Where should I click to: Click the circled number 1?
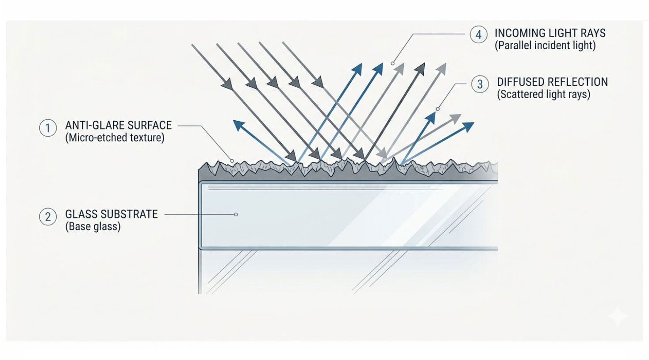[48, 128]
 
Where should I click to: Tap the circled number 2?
[48, 217]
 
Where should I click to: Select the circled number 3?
[480, 84]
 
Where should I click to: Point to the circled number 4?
[478, 34]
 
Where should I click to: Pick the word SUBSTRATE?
[130, 214]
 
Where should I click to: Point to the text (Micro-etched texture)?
[115, 138]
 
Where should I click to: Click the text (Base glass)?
[93, 226]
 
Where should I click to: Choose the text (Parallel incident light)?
[545, 45]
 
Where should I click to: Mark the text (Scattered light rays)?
[543, 94]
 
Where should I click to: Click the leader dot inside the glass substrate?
[236, 214]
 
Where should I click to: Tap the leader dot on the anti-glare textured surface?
[231, 160]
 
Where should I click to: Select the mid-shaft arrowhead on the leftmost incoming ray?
[227, 84]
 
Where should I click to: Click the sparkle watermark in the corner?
[618, 317]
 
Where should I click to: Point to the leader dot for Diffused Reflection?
[438, 109]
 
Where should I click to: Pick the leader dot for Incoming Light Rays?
[392, 63]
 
